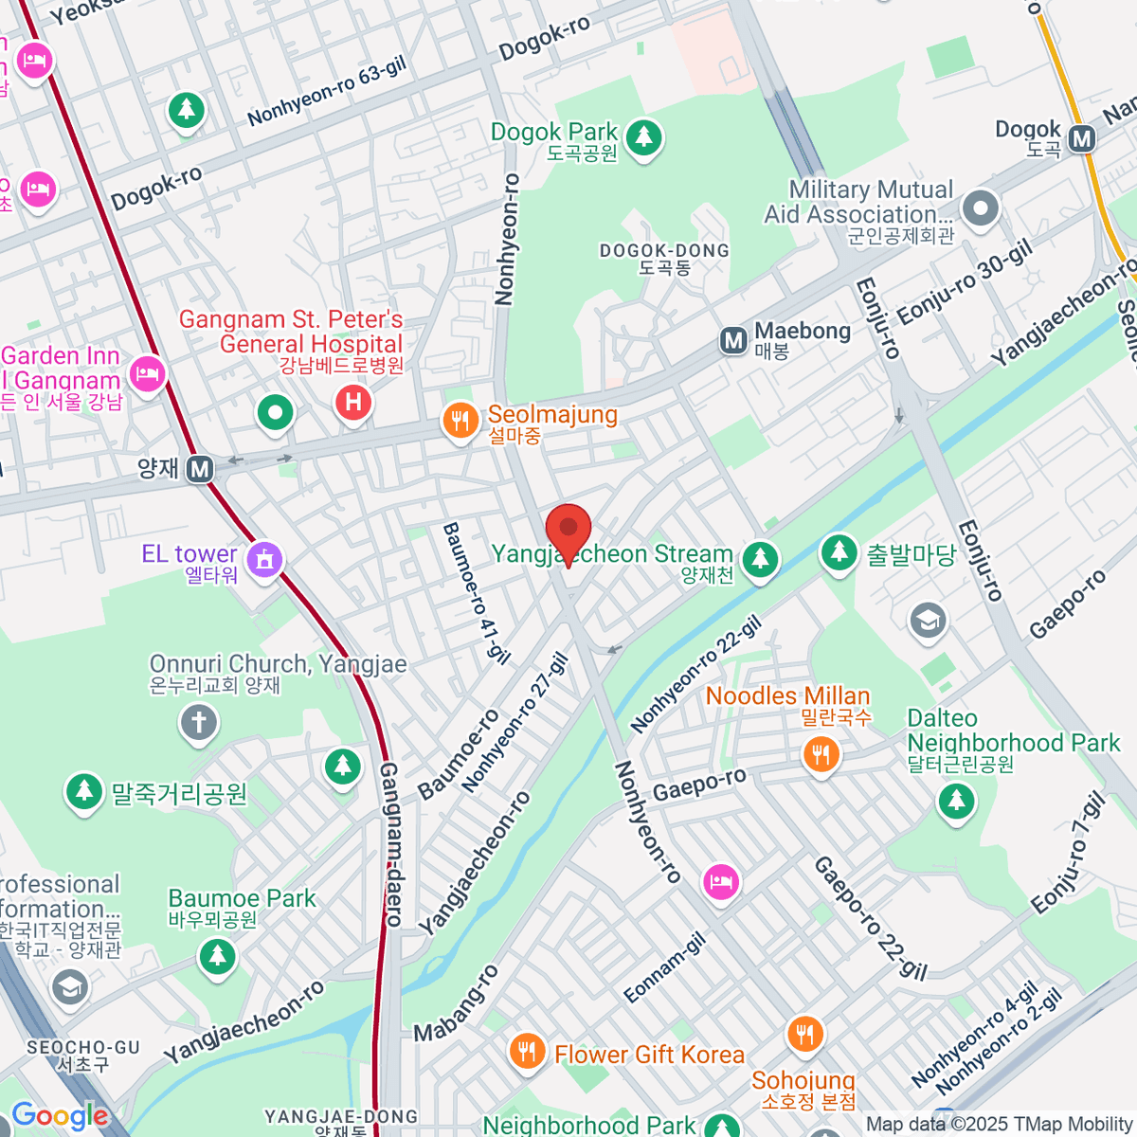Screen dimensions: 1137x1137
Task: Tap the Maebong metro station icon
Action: pos(733,340)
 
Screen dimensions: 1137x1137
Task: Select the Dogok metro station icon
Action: pos(1082,139)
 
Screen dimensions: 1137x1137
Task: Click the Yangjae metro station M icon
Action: pos(200,468)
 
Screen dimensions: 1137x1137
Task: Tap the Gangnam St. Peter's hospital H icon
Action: pos(353,403)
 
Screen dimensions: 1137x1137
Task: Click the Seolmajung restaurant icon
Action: pos(460,421)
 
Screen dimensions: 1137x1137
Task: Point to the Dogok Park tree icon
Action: pos(644,137)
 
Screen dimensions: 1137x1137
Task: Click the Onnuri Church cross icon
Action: pos(199,723)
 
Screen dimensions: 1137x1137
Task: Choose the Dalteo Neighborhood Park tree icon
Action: pos(956,802)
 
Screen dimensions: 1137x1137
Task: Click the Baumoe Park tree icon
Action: pos(218,955)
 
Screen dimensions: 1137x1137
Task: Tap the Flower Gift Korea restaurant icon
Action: pos(527,1051)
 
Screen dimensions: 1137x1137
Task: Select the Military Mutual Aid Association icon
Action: pos(981,208)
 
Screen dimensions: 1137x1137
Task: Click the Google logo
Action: pos(60,1116)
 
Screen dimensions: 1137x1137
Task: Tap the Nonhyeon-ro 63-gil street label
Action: pos(327,91)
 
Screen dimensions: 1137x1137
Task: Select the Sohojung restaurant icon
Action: pos(804,1034)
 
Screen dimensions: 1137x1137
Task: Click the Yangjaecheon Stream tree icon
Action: pos(760,559)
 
